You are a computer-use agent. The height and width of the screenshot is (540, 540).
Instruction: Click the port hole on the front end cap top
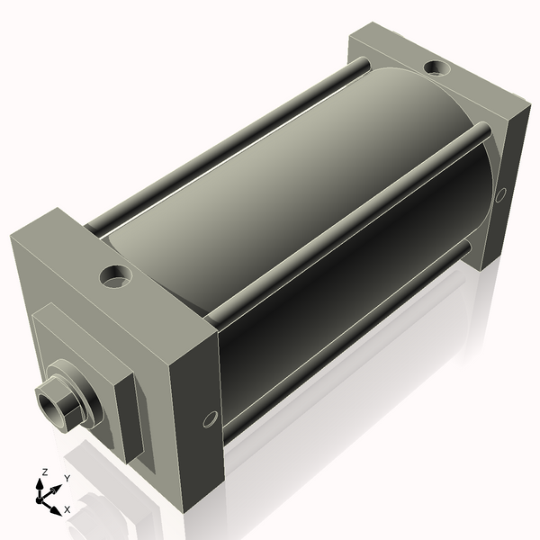115,277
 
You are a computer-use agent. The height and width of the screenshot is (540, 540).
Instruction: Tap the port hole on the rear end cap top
438,67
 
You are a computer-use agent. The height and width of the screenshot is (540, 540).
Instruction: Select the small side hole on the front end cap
211,418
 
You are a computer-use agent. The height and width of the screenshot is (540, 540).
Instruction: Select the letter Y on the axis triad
67,478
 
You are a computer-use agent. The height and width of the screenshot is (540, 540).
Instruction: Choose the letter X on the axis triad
67,508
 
